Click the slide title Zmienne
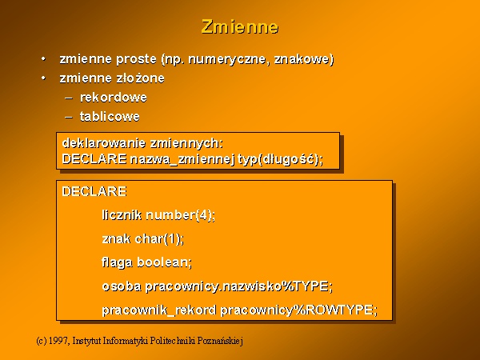tap(240, 26)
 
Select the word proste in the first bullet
tap(136, 59)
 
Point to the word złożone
tap(140, 78)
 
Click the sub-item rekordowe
tap(114, 98)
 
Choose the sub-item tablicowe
tap(110, 116)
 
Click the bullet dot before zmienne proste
tap(44, 58)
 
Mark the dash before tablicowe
tap(69, 118)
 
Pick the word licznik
tap(122, 215)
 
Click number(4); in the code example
tap(181, 215)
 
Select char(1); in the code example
tap(159, 238)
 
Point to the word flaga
tap(118, 262)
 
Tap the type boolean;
tap(164, 262)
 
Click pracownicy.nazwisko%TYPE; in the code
tap(238, 286)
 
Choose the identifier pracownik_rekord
tap(159, 310)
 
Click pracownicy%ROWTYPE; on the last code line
tap(299, 310)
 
